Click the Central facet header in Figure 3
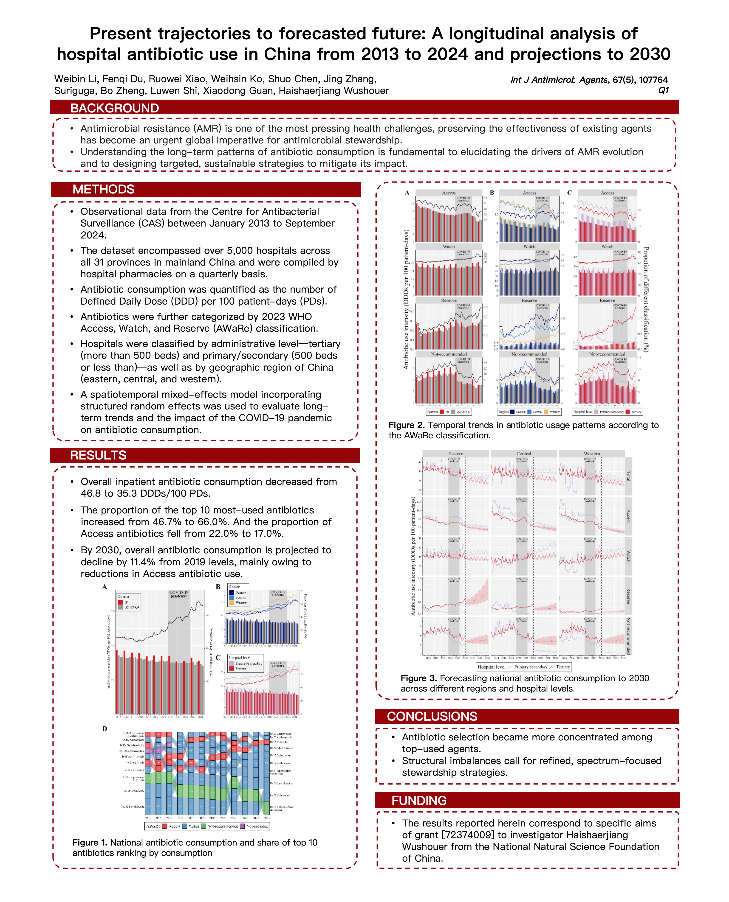tap(524, 454)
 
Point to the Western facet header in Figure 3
tap(592, 454)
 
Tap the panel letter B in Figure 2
tap(492, 193)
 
